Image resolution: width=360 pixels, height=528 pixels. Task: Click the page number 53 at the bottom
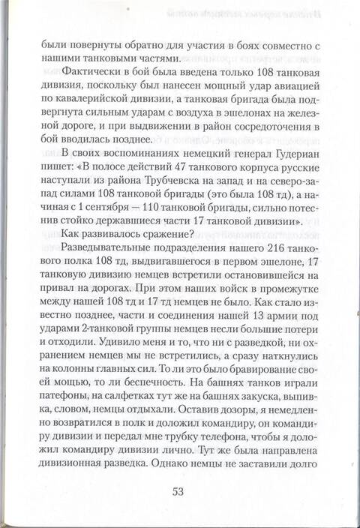[179, 492]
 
